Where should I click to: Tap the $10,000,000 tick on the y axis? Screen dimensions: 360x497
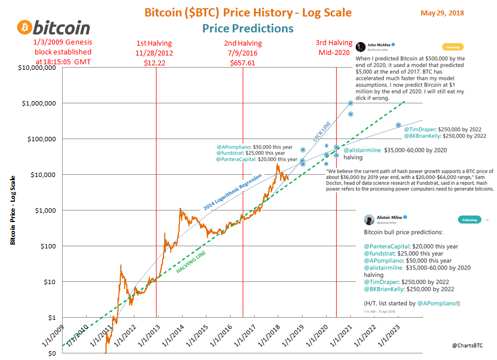36,68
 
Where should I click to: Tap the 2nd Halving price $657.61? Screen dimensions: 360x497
243,63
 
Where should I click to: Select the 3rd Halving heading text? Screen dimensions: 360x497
334,43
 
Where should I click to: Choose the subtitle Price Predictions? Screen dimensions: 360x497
248,29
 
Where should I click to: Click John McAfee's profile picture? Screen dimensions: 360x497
361,47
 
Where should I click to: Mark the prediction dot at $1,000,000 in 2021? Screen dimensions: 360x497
350,103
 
